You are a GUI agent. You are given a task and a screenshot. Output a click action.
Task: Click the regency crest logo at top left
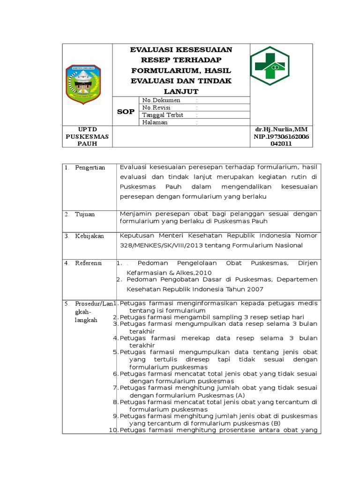[x=82, y=84]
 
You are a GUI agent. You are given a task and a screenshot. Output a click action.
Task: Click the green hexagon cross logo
[x=270, y=66]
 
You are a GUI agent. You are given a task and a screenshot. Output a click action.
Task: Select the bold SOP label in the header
[x=125, y=112]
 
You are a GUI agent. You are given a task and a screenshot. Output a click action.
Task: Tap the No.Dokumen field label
[x=161, y=100]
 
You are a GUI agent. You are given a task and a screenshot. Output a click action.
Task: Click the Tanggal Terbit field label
[x=162, y=115]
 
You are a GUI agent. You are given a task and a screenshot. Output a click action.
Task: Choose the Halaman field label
[x=155, y=122]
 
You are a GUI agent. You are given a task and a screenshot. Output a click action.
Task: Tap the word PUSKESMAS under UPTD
[x=87, y=136]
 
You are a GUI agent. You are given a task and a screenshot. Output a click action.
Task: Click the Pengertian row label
[x=90, y=167]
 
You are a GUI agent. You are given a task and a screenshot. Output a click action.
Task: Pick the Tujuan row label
[x=85, y=214]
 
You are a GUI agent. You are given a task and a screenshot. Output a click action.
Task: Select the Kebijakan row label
[x=89, y=236]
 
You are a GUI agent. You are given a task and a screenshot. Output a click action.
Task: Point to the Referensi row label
[x=89, y=263]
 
